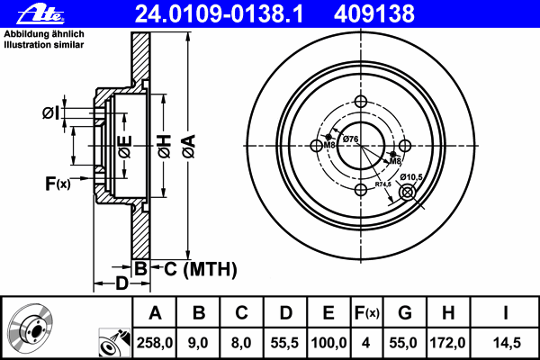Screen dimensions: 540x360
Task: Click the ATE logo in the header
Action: coord(40,14)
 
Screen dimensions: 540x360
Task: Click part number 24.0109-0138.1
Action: coord(219,14)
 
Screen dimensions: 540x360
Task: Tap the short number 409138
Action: coord(374,14)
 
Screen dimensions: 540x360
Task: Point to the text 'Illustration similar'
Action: coord(44,45)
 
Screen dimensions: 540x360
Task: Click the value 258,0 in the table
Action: coord(155,343)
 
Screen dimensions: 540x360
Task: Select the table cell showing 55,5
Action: coord(284,343)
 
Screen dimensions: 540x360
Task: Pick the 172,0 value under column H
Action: coord(447,343)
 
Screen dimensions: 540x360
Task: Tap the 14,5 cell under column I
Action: coord(507,343)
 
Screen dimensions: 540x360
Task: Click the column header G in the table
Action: coord(405,313)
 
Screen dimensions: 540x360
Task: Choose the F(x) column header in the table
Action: coord(367,313)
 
